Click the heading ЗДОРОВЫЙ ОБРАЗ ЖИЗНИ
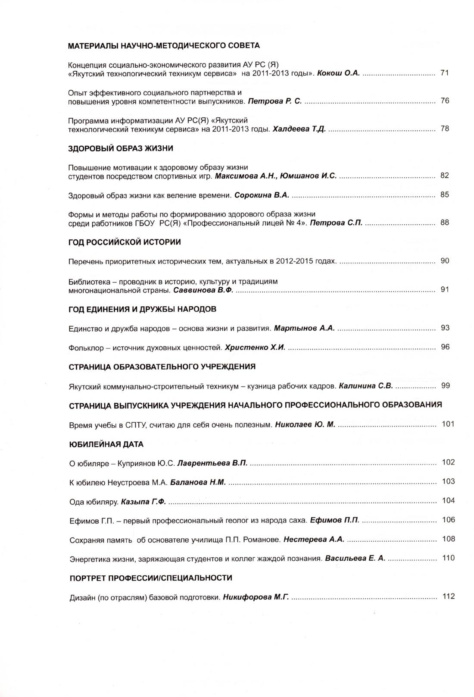121,149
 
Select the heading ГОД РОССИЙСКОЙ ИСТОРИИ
125,242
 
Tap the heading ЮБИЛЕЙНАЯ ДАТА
106,444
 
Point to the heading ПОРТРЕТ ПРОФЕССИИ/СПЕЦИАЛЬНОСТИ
151,578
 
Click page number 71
445,73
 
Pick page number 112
448,597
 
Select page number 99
445,386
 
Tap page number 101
448,424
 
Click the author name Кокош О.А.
338,73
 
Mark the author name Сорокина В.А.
262,195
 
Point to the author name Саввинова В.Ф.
203,290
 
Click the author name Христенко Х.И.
255,348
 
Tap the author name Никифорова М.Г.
256,598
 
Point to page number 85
445,195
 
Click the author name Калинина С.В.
366,386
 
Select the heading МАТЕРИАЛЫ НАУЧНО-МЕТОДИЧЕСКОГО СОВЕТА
164,45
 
